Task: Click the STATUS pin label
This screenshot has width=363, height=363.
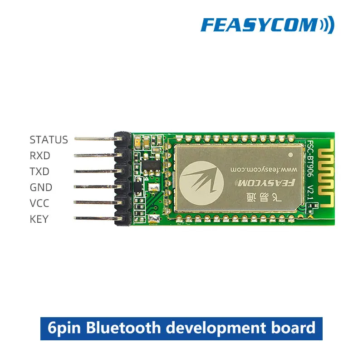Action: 49,140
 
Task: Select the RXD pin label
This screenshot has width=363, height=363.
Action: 40,156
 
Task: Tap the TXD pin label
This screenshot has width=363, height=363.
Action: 39,172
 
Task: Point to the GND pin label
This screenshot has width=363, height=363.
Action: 41,187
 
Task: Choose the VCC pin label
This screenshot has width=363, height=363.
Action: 39,203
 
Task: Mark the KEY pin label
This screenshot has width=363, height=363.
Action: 39,219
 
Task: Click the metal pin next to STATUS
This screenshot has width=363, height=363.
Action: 95,138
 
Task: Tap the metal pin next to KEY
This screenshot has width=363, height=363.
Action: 95,219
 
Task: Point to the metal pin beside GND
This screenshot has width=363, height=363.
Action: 95,186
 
